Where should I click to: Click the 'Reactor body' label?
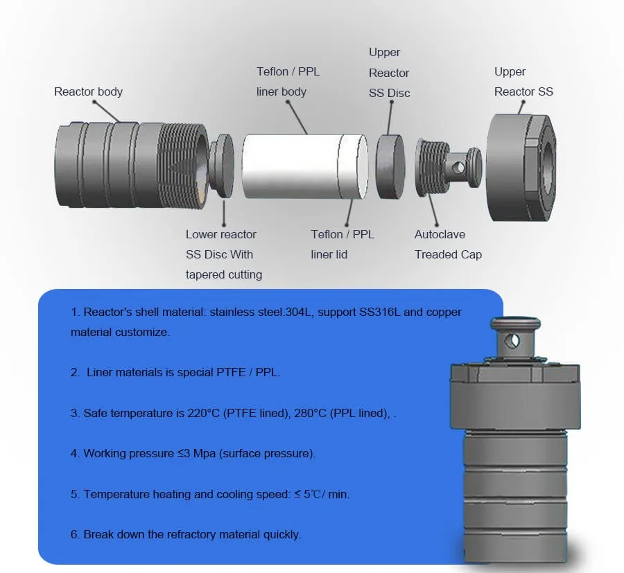tap(88, 91)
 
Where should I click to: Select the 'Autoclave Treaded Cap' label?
tap(448, 245)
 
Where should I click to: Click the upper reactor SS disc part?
tap(390, 167)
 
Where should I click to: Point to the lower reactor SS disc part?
tap(224, 166)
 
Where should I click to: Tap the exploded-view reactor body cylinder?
tap(128, 165)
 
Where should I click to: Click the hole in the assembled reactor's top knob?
tap(513, 340)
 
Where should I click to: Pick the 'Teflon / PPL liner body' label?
tap(288, 82)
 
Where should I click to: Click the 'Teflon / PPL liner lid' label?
tap(343, 245)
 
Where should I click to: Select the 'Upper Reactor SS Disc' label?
tap(389, 73)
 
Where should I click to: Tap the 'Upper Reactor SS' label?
tap(523, 82)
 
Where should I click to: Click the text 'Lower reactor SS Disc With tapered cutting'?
tap(224, 254)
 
